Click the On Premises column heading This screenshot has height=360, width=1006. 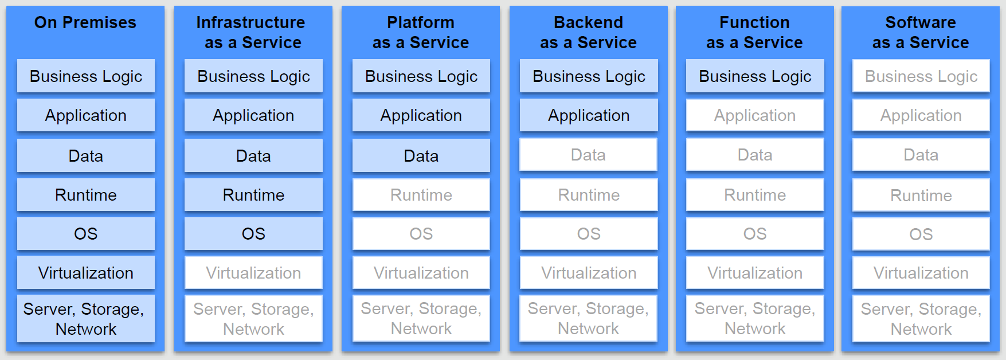[85, 23]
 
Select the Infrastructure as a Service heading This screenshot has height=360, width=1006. [253, 32]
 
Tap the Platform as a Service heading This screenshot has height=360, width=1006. [421, 32]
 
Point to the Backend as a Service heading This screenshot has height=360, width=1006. [588, 32]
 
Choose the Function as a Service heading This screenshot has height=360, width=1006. [754, 32]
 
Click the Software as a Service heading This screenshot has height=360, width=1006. [921, 32]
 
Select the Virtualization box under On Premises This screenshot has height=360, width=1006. [86, 273]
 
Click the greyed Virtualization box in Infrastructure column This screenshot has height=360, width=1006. [253, 273]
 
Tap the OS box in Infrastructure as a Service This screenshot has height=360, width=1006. [253, 234]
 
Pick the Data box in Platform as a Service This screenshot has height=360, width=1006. [421, 156]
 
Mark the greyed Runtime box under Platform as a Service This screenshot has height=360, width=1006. [421, 195]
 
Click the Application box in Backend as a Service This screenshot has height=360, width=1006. [589, 115]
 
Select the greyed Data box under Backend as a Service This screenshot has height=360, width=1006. [589, 155]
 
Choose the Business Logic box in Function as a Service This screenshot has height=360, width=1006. [755, 76]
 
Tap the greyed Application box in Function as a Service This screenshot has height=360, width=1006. [755, 115]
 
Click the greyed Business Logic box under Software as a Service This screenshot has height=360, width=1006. [921, 76]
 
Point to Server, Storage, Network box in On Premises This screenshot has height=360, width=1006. [86, 319]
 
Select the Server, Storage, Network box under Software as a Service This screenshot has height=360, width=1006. [921, 319]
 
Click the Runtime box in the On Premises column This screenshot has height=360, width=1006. [86, 195]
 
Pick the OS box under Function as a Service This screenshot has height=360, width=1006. [755, 234]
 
